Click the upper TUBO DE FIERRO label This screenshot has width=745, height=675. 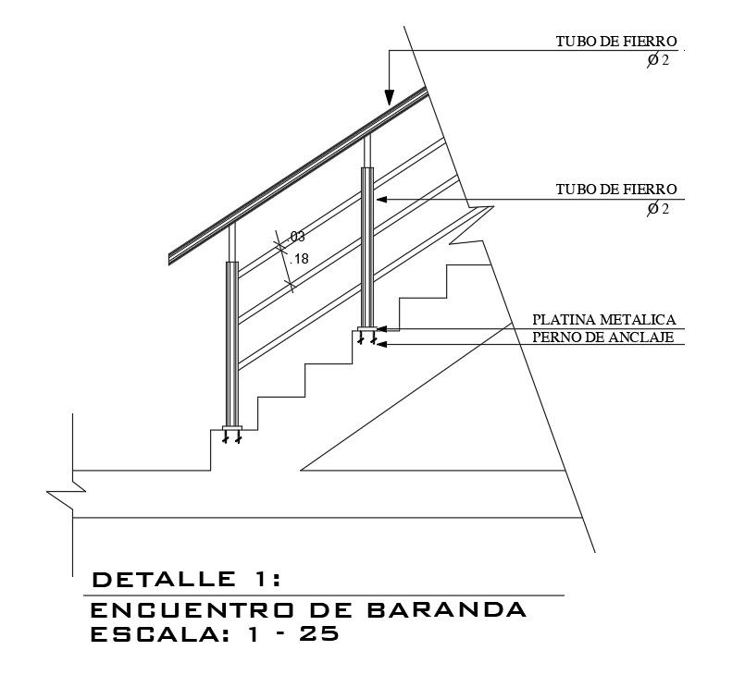click(616, 42)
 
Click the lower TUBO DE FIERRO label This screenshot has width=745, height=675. click(616, 190)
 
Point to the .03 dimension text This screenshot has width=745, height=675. click(297, 237)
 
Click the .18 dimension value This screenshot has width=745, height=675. click(300, 259)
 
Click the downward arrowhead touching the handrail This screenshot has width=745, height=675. click(390, 97)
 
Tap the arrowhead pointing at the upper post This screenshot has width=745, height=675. click(380, 199)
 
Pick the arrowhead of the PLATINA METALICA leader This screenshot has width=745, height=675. click(381, 328)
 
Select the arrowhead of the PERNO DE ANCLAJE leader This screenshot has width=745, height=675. click(382, 344)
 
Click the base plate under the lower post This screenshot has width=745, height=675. click(231, 428)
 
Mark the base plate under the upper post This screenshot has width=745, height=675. click(366, 330)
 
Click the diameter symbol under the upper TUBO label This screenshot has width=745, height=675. click(652, 60)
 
